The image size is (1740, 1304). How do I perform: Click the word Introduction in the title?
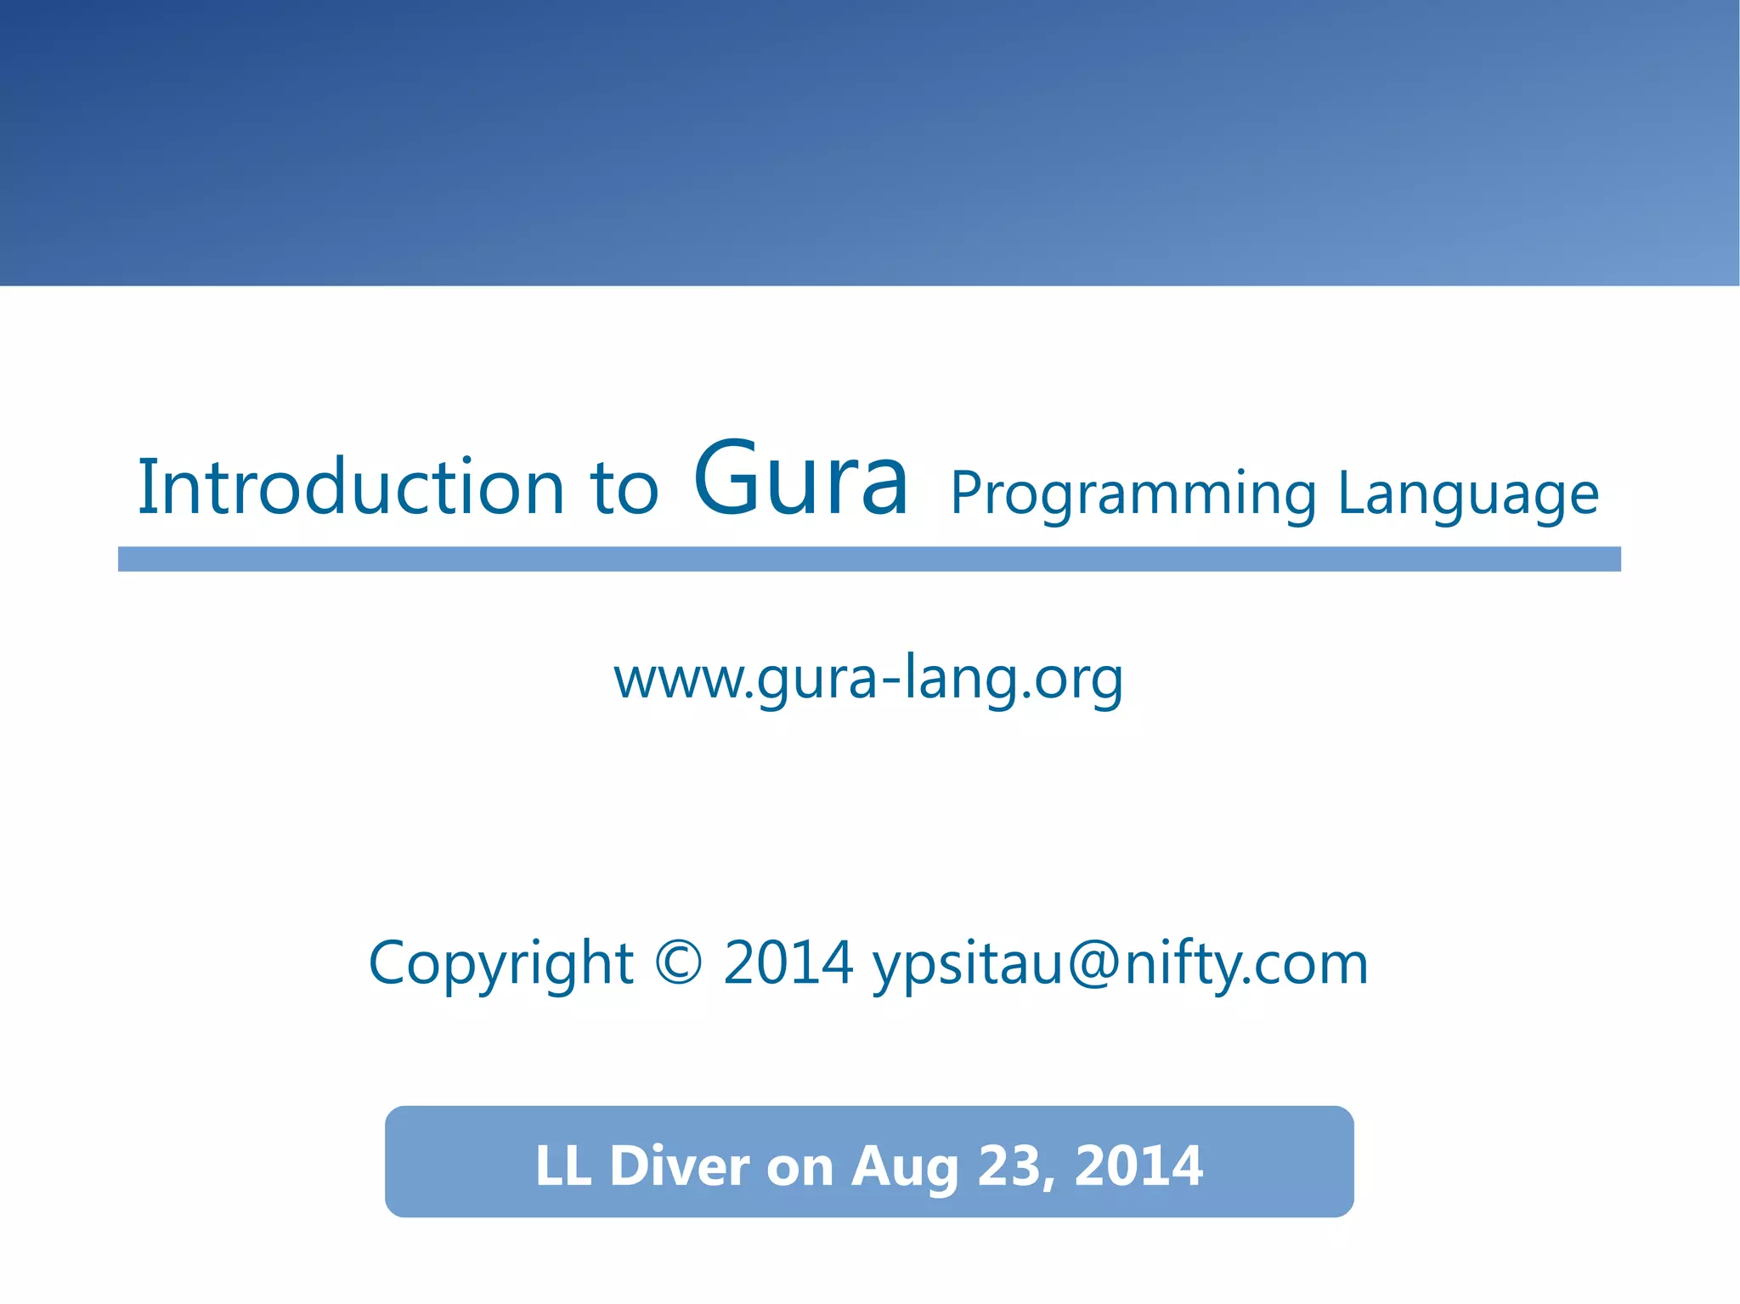click(350, 487)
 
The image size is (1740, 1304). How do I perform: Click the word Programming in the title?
click(1133, 494)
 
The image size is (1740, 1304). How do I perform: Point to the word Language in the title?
click(1468, 494)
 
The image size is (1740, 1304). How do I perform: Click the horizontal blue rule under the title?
click(869, 559)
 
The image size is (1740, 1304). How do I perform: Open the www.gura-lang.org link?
click(868, 680)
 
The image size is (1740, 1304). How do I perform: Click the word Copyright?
click(500, 964)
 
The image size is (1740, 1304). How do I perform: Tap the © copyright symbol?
click(679, 964)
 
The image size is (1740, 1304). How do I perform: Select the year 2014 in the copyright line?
click(788, 964)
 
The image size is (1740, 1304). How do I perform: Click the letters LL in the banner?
click(562, 1166)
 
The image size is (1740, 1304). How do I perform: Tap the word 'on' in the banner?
click(799, 1167)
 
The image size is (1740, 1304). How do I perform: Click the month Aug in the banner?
click(905, 1167)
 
